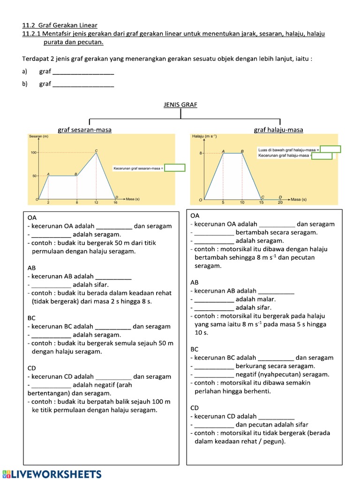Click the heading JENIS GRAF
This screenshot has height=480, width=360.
(x=180, y=105)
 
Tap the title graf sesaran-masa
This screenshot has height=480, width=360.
(x=84, y=129)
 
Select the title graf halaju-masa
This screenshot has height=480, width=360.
(x=278, y=129)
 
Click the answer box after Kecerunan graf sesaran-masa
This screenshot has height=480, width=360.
(x=175, y=168)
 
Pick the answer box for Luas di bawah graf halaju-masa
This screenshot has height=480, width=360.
(x=330, y=150)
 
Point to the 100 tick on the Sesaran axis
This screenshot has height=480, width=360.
(x=33, y=153)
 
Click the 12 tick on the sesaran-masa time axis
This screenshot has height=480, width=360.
(x=96, y=202)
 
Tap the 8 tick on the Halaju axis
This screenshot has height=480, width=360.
(x=200, y=153)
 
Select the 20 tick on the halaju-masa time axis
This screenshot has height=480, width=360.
(x=280, y=203)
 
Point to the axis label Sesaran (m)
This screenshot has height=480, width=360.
(x=38, y=136)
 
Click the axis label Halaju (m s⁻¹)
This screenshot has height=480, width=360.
(x=204, y=136)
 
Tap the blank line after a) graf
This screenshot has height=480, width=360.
(x=83, y=72)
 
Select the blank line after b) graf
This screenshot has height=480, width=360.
(x=83, y=84)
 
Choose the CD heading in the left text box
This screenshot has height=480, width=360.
(x=32, y=368)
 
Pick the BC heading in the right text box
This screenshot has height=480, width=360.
(x=195, y=349)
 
